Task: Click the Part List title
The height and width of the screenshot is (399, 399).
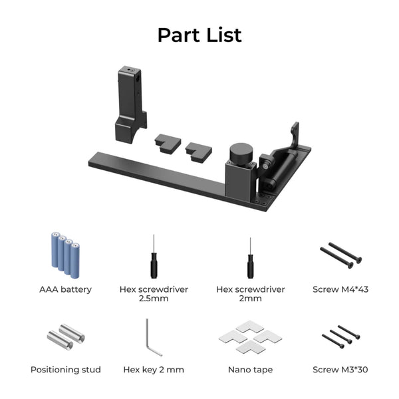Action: tap(199, 35)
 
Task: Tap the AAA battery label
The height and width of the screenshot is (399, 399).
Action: tap(65, 289)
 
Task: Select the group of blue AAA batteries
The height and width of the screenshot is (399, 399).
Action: tap(66, 255)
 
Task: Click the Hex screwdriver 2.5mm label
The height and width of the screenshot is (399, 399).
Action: tap(154, 294)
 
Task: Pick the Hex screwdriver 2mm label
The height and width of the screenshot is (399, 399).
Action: tap(250, 294)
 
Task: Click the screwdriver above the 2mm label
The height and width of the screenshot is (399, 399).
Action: tap(250, 259)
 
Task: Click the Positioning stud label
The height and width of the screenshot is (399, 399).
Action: tap(65, 369)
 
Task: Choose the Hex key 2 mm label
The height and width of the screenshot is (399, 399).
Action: tap(154, 369)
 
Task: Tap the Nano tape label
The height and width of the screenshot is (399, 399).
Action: tap(250, 369)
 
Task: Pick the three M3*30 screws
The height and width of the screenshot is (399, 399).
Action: tap(340, 336)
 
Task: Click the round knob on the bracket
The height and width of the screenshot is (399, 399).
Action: tap(240, 154)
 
